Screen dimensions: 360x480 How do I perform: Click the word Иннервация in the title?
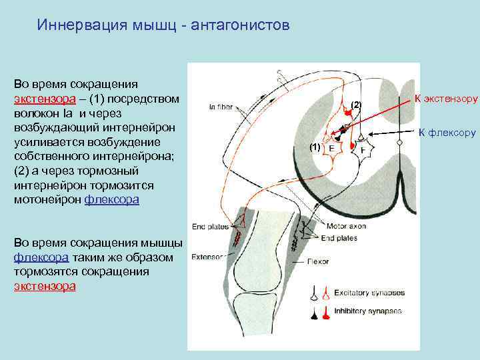74,25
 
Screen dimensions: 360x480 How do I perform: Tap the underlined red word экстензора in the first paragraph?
43,99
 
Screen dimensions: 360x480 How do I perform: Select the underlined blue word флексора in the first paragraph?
112,199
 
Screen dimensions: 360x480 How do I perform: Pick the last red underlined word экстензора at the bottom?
45,286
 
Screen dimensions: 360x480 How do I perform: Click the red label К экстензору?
446,99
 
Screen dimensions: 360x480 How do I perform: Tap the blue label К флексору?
447,133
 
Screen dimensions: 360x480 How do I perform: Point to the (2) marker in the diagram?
356,105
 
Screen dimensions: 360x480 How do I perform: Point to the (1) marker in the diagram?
315,145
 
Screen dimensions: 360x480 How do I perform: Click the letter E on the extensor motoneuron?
331,149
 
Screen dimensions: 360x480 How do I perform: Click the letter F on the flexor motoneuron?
363,150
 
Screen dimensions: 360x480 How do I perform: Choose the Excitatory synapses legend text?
369,292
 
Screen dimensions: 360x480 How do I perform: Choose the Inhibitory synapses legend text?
368,311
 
